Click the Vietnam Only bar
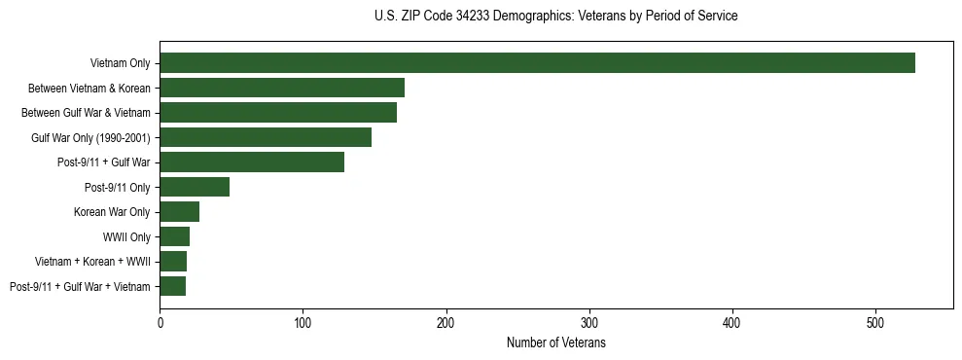pyautogui.click(x=537, y=63)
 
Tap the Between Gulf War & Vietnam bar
pyautogui.click(x=278, y=113)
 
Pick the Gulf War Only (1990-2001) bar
pyautogui.click(x=266, y=137)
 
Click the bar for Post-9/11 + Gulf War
pyautogui.click(x=252, y=162)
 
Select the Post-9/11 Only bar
pyautogui.click(x=195, y=187)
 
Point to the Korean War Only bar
pyautogui.click(x=180, y=212)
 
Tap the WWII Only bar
pyautogui.click(x=175, y=236)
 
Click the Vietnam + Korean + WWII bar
pyautogui.click(x=173, y=262)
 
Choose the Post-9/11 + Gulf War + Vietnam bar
pyautogui.click(x=173, y=286)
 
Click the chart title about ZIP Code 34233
pyautogui.click(x=555, y=16)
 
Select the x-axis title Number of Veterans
pyautogui.click(x=555, y=342)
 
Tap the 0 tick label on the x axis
pyautogui.click(x=160, y=321)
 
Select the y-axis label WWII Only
pyautogui.click(x=126, y=236)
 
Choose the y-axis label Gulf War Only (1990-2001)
pyautogui.click(x=90, y=137)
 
